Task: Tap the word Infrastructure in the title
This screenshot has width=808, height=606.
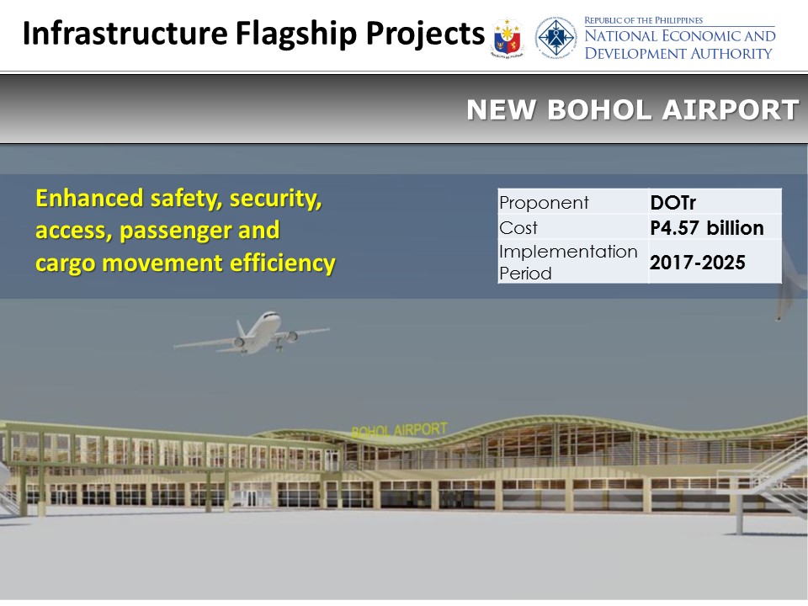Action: click(x=125, y=33)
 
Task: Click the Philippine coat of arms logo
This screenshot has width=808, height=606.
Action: click(x=507, y=38)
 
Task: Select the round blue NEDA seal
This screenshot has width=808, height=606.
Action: click(x=555, y=37)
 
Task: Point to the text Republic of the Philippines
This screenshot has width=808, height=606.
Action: click(x=643, y=20)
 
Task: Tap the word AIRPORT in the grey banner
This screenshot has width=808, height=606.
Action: click(x=731, y=109)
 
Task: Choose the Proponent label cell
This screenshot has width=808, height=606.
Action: click(x=544, y=203)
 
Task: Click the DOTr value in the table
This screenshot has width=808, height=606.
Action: click(x=673, y=203)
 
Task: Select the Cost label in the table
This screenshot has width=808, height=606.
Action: click(x=518, y=228)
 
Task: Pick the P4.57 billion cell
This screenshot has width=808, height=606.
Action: click(x=707, y=228)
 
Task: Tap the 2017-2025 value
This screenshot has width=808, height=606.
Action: click(x=697, y=263)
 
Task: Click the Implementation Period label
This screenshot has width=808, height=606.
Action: click(x=568, y=263)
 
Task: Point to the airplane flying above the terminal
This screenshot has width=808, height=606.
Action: click(x=252, y=333)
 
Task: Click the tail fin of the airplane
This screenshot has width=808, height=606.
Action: click(x=241, y=329)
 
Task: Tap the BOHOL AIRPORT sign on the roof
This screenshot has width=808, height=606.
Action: click(x=399, y=430)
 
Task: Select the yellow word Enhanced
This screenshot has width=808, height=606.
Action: click(x=89, y=198)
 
